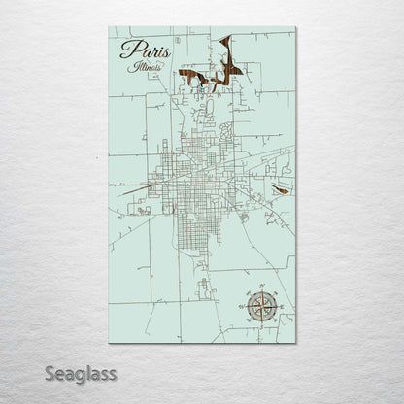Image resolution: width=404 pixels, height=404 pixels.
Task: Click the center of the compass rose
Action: tap(262, 305)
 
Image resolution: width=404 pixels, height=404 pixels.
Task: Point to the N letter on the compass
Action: tap(262, 287)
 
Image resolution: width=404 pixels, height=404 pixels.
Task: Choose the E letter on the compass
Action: tap(280, 305)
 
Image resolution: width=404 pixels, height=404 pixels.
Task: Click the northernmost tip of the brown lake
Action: tap(230, 38)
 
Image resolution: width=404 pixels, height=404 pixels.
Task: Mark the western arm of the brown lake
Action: tap(191, 78)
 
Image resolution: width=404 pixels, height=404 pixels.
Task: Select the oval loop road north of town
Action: tap(225, 127)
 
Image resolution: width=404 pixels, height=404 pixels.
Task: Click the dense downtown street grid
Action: tap(194, 180)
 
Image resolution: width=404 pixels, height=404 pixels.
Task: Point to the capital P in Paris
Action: tap(127, 50)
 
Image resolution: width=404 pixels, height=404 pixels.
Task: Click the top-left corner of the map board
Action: tap(110, 27)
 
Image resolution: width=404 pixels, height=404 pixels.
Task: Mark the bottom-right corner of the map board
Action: tap(295, 343)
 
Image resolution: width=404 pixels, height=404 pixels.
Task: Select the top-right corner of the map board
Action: tap(295, 27)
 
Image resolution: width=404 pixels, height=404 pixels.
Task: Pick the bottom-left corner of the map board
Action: tap(110, 343)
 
